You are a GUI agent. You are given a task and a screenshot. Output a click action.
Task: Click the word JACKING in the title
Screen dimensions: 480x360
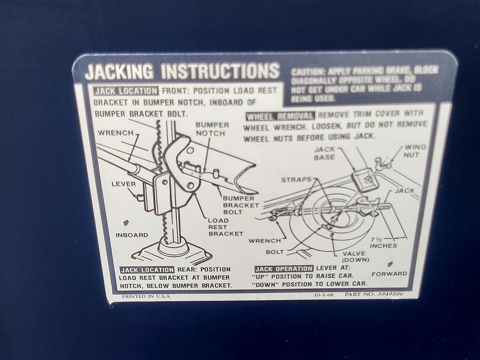(x=119, y=72)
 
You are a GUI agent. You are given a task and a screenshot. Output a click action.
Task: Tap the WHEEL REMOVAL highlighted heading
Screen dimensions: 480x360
(x=280, y=116)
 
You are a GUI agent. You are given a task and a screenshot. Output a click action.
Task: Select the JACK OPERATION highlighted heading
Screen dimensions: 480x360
(x=284, y=269)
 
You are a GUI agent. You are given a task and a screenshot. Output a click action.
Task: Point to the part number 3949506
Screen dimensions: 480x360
(x=390, y=294)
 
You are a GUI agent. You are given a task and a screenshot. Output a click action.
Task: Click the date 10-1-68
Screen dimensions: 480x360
(x=324, y=295)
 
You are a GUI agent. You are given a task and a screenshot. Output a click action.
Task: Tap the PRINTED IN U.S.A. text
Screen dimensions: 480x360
(x=146, y=296)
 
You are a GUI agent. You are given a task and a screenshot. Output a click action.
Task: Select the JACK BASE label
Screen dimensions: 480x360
(x=324, y=153)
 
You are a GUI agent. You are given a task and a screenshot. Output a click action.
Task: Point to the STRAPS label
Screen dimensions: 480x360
(x=296, y=180)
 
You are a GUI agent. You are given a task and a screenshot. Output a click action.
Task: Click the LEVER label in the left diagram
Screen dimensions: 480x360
(x=124, y=184)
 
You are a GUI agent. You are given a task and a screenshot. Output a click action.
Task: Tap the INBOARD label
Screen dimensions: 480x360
(x=132, y=235)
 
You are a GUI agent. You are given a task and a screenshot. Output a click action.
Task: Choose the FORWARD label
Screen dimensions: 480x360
(x=389, y=274)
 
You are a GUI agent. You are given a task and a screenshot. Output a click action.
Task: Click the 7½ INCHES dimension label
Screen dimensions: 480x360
(x=383, y=243)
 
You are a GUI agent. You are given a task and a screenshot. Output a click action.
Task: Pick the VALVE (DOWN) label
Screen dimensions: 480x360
(x=355, y=257)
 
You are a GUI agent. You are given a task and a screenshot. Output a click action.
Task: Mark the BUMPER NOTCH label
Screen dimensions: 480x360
(x=212, y=129)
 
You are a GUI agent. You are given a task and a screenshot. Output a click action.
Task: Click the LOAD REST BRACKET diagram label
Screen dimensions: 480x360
(x=226, y=227)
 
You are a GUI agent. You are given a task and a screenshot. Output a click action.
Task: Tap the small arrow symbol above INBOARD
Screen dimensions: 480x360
(x=126, y=223)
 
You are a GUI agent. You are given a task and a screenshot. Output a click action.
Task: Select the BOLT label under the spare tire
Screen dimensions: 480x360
(x=275, y=252)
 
